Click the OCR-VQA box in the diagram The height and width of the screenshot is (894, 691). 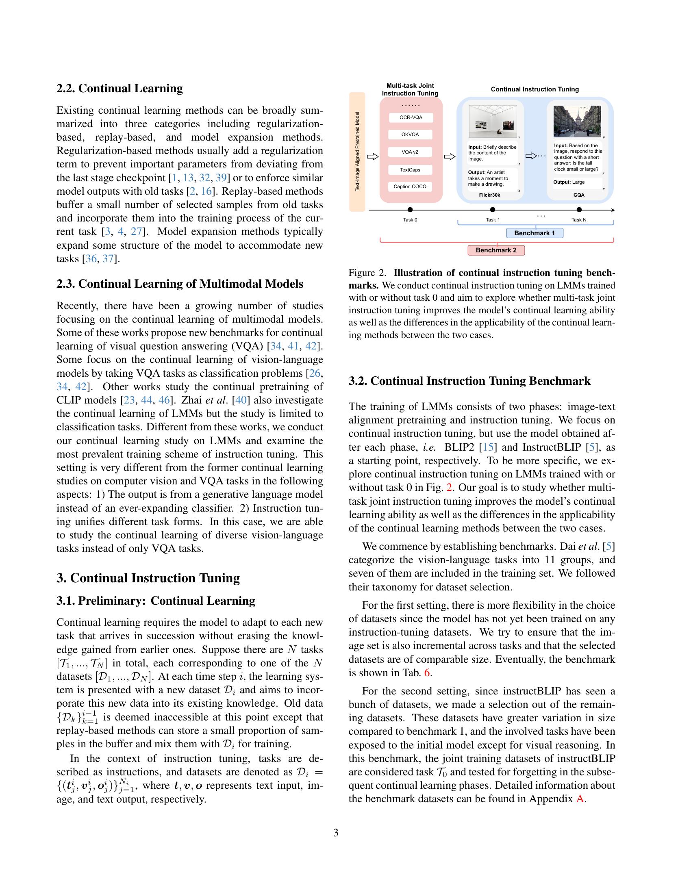(411, 117)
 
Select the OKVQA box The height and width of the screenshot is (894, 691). (411, 135)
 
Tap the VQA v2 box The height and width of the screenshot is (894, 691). (411, 152)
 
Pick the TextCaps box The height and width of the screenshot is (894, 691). (411, 169)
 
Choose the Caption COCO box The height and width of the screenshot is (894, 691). (411, 187)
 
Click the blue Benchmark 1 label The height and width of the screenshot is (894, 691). (535, 233)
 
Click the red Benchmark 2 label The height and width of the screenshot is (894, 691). (496, 250)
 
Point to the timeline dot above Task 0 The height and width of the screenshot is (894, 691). (411, 210)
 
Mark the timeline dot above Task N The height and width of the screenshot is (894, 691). (579, 210)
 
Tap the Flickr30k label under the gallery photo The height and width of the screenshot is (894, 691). (490, 195)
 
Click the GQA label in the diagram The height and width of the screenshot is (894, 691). (579, 195)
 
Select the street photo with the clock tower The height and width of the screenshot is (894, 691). (577, 121)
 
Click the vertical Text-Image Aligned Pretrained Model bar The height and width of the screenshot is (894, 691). (357, 152)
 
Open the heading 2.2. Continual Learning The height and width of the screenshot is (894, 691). (120, 89)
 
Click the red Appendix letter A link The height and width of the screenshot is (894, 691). (579, 799)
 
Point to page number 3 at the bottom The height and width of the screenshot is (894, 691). (336, 833)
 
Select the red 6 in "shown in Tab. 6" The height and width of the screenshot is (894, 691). (427, 673)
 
